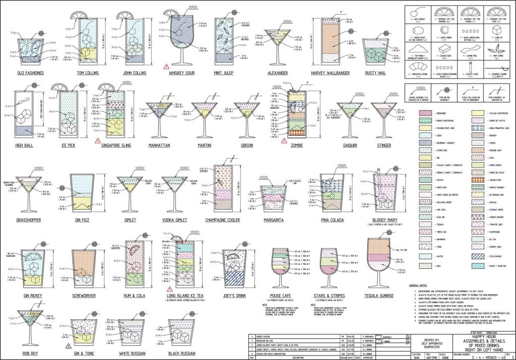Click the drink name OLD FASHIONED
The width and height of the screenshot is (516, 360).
(30, 73)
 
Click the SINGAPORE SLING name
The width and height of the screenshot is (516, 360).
(117, 146)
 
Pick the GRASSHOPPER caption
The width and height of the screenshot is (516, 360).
(31, 220)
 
